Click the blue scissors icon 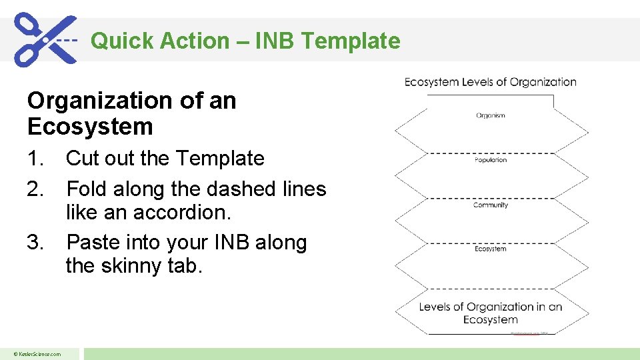[x=45, y=39]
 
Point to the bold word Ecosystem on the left [x=90, y=126]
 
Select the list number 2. [x=36, y=189]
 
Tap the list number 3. [x=36, y=243]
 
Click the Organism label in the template [x=491, y=115]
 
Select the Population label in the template [x=491, y=160]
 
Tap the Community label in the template [x=491, y=205]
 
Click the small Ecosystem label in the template [x=491, y=249]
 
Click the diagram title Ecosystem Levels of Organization [x=491, y=82]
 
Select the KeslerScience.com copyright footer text [x=38, y=354]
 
